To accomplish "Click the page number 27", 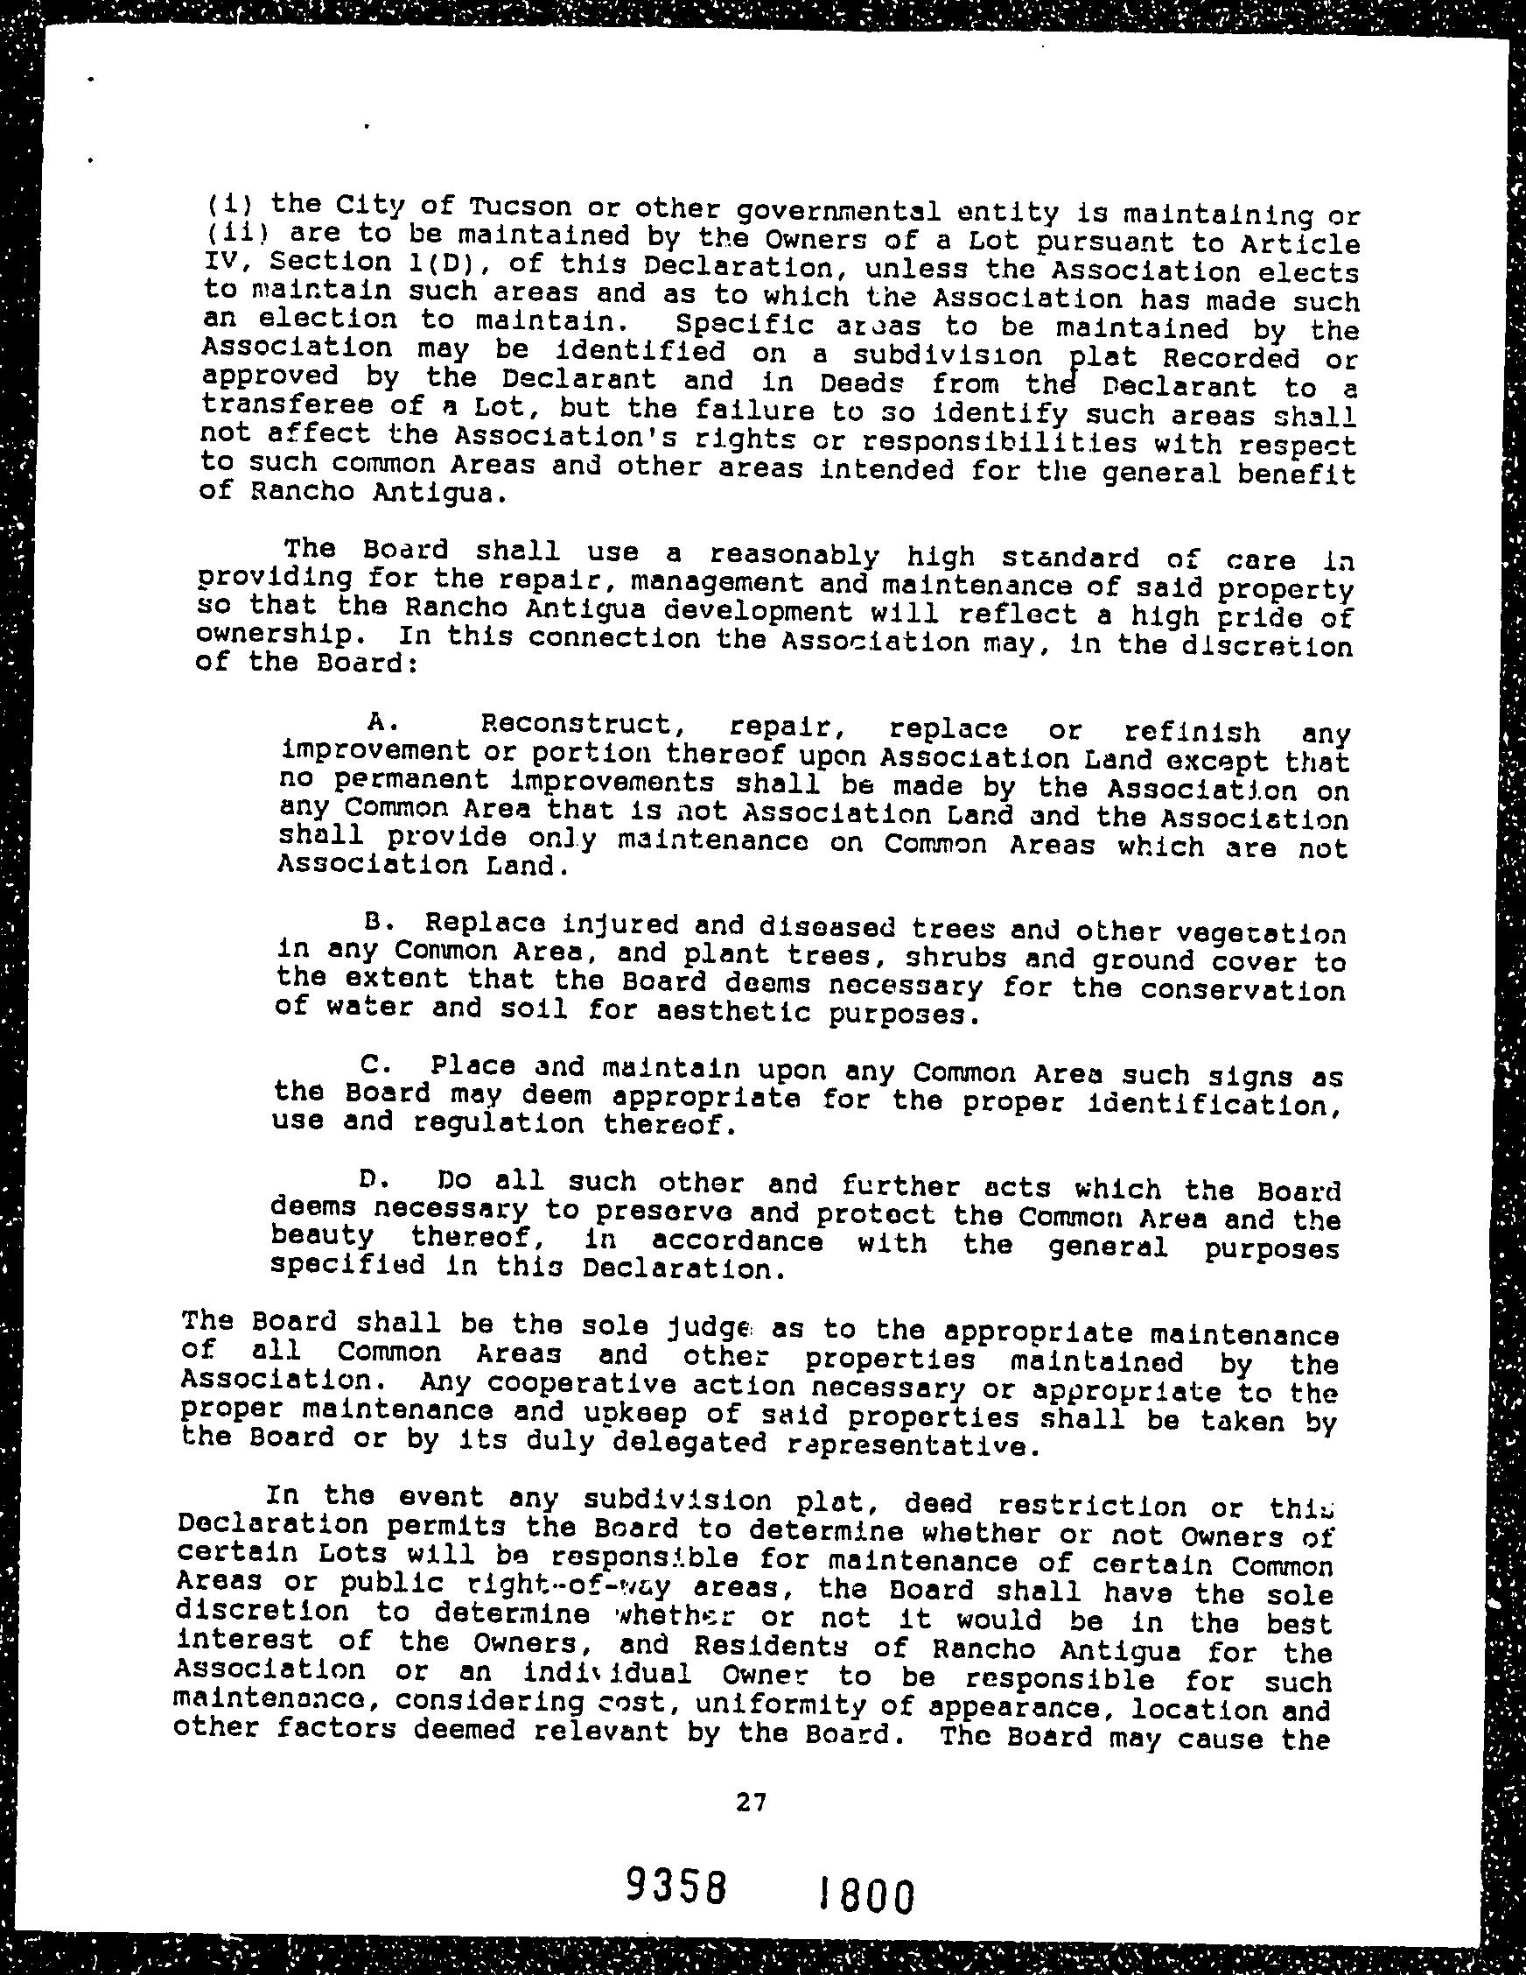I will pyautogui.click(x=752, y=1803).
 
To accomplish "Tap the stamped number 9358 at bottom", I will pyautogui.click(x=677, y=1886).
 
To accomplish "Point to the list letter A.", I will pyautogui.click(x=378, y=720).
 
